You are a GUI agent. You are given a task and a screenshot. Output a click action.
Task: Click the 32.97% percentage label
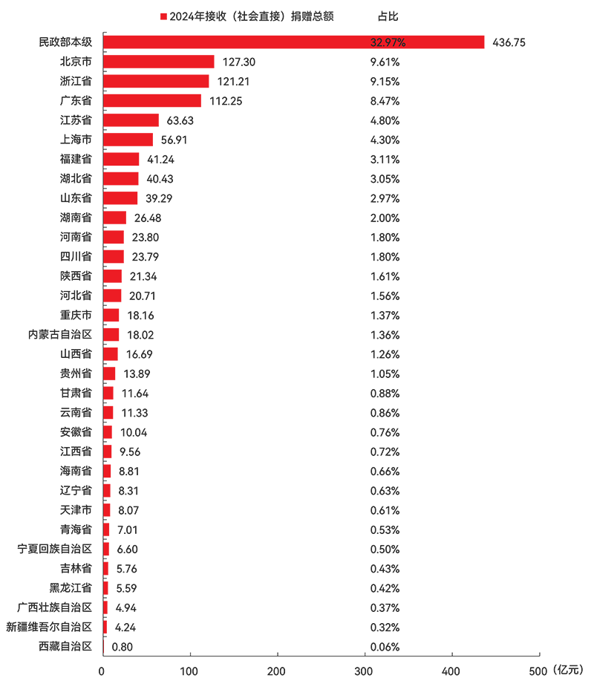click(x=388, y=42)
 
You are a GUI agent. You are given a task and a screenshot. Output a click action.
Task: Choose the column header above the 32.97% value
click(x=388, y=15)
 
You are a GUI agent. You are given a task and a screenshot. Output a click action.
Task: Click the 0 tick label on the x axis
click(x=104, y=671)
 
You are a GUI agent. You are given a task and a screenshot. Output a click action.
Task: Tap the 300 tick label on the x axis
click(x=364, y=671)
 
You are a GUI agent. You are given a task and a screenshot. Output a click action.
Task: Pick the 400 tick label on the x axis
click(x=450, y=671)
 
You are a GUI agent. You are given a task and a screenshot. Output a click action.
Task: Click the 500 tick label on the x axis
click(x=537, y=671)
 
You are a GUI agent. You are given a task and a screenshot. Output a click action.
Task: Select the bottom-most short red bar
click(x=108, y=648)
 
